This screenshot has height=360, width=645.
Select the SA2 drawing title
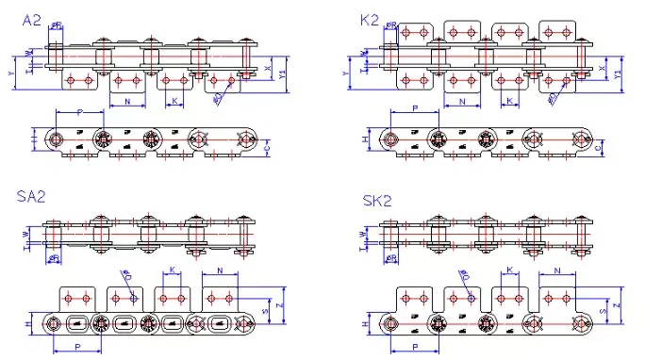tap(31, 196)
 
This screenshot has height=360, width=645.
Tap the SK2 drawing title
tap(377, 201)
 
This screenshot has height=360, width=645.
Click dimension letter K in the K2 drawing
tap(508, 99)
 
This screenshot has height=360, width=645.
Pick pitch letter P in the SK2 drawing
tap(416, 347)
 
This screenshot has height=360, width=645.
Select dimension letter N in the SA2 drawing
tap(220, 270)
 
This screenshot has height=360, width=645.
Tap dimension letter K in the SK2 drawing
tap(510, 270)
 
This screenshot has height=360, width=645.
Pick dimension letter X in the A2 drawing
tap(272, 69)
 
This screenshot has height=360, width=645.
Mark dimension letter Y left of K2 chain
tap(345, 71)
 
